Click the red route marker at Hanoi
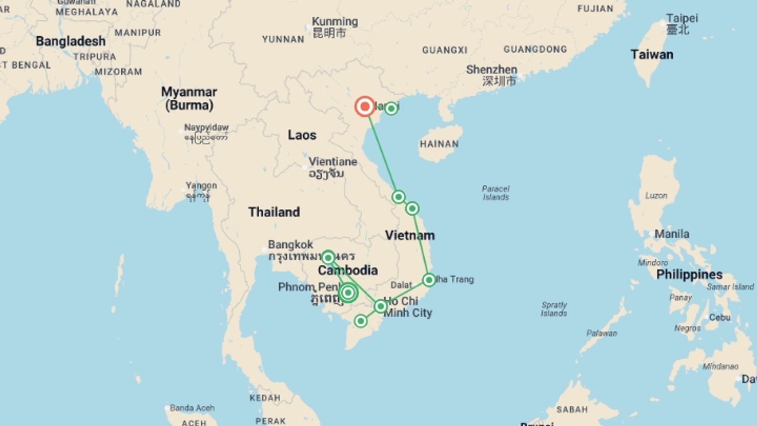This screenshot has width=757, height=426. (x=365, y=106)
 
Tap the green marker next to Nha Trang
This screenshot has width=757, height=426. (x=429, y=280)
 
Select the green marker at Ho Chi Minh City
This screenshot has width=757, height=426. (x=380, y=306)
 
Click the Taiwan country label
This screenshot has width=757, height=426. (x=652, y=54)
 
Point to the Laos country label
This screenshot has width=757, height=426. (x=302, y=135)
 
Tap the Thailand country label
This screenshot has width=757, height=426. (x=274, y=212)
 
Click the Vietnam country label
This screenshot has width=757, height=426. (x=410, y=235)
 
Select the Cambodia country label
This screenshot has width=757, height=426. (x=348, y=270)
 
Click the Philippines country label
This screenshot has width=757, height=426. (x=689, y=275)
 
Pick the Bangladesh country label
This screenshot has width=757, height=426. (x=71, y=41)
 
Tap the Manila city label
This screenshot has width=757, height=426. (x=672, y=234)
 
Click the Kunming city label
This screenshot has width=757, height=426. (x=335, y=22)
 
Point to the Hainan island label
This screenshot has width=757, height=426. (x=439, y=144)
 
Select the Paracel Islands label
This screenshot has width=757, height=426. (x=496, y=192)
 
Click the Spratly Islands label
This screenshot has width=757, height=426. (x=554, y=309)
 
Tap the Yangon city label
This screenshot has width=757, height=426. (x=201, y=185)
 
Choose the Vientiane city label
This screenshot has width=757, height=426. (x=332, y=162)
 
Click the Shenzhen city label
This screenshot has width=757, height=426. (x=491, y=70)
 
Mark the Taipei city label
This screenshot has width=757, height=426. (x=682, y=18)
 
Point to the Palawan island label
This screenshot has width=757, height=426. (x=602, y=333)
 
